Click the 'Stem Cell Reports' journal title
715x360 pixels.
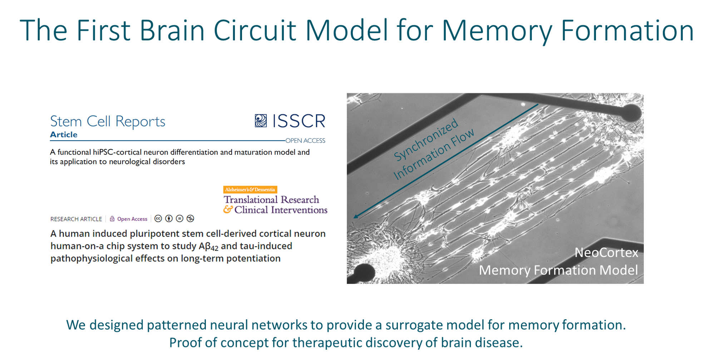click(108, 122)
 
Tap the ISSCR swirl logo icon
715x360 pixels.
click(261, 121)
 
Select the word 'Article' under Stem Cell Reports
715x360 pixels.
click(64, 135)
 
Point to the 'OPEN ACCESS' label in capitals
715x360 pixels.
click(305, 141)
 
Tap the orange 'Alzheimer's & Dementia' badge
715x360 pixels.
click(250, 189)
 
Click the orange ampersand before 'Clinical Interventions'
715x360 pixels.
click(228, 209)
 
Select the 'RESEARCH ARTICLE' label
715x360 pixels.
click(76, 219)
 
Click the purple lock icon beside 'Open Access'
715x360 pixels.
click(112, 219)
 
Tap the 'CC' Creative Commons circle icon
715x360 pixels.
click(158, 219)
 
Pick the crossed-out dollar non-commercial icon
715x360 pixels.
click(190, 219)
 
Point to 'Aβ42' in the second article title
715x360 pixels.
click(208, 247)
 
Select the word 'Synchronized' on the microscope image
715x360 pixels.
click(426, 139)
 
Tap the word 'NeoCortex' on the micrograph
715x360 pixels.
click(606, 253)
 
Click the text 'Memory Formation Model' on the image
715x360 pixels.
click(558, 270)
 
